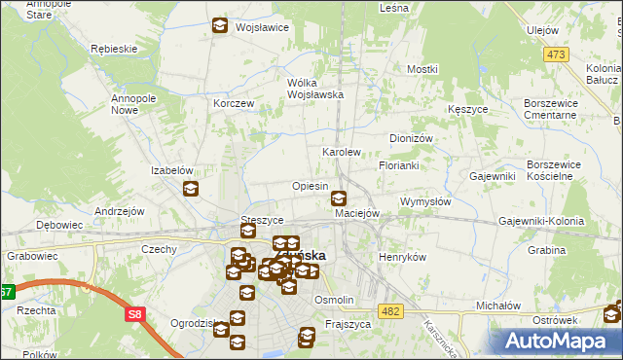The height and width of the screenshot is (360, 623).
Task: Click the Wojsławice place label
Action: [x=262, y=27]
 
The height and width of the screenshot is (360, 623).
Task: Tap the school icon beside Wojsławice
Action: [x=220, y=26]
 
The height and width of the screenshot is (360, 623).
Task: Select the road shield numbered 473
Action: [x=556, y=54]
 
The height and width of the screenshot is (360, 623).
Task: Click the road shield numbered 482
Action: [x=390, y=310]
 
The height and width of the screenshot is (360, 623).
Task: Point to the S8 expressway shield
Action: [x=133, y=314]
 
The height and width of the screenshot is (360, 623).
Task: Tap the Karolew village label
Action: [x=342, y=153]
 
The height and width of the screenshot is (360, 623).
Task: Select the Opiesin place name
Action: [x=310, y=185]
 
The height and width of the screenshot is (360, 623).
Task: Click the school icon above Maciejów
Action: [x=338, y=198]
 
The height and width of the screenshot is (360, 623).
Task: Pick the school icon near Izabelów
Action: [x=191, y=189]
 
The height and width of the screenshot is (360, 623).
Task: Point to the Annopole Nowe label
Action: [x=139, y=104]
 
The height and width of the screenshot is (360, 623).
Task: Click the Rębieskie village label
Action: [x=109, y=48]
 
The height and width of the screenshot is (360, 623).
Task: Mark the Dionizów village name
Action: [x=411, y=138]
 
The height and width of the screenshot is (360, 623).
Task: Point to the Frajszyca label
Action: [x=349, y=323]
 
